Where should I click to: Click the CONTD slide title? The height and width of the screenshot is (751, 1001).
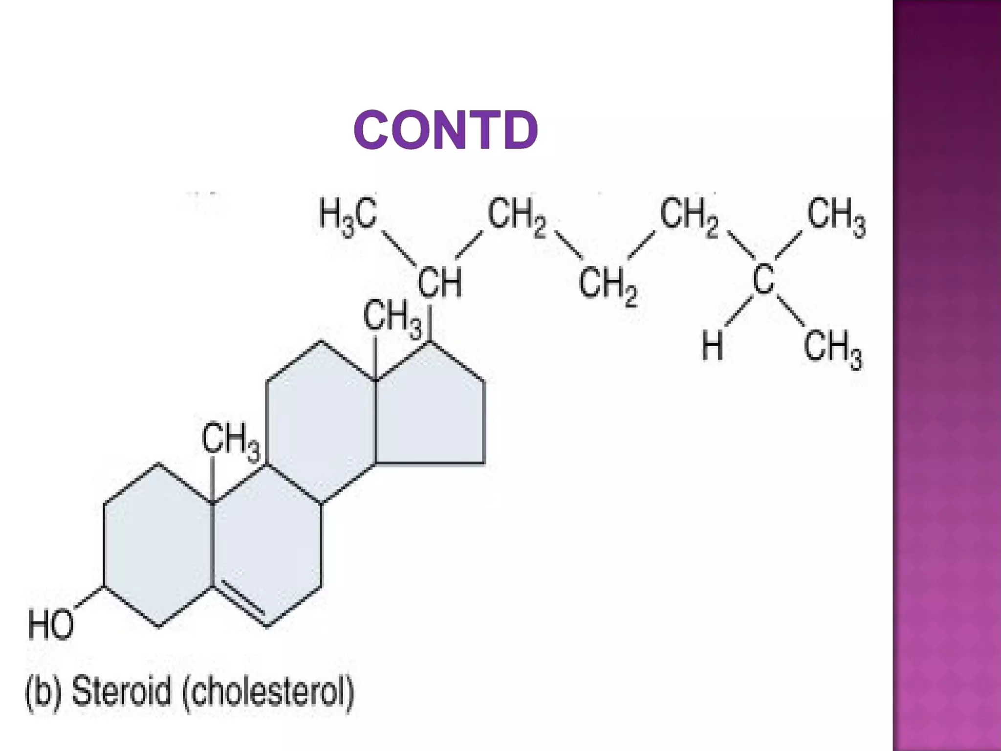click(445, 130)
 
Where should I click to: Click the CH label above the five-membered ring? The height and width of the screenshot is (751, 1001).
click(439, 282)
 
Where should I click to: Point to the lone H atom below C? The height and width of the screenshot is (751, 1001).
click(712, 345)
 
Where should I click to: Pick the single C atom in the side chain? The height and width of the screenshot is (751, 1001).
click(763, 279)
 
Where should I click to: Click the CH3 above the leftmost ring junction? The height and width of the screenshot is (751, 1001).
click(231, 441)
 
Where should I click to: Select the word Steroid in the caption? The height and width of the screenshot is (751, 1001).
click(122, 691)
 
